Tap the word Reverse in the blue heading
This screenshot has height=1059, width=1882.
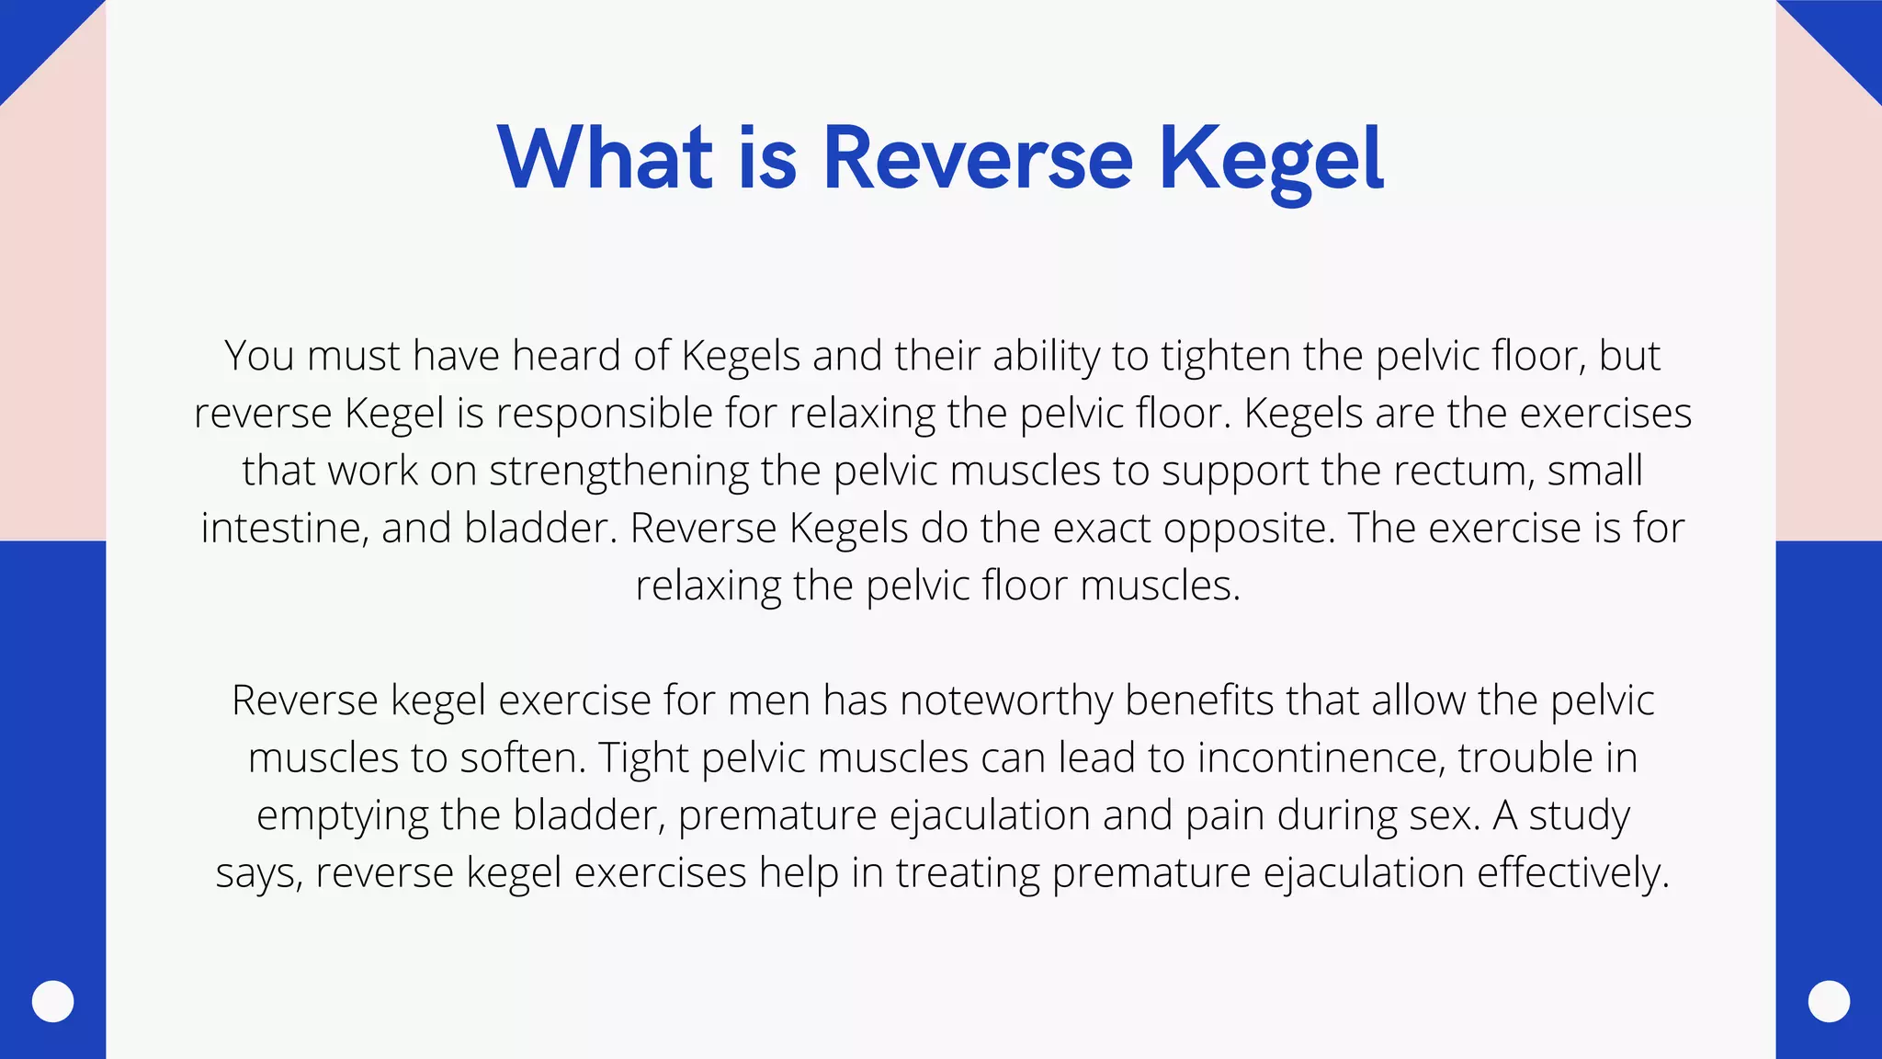pos(978,158)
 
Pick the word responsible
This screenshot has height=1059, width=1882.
pos(605,414)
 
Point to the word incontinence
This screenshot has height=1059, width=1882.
pos(1320,758)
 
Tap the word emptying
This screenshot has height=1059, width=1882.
pos(342,816)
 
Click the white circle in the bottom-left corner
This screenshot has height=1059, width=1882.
pos(52,1001)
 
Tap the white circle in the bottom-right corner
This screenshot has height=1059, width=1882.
pos(1829,1001)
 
